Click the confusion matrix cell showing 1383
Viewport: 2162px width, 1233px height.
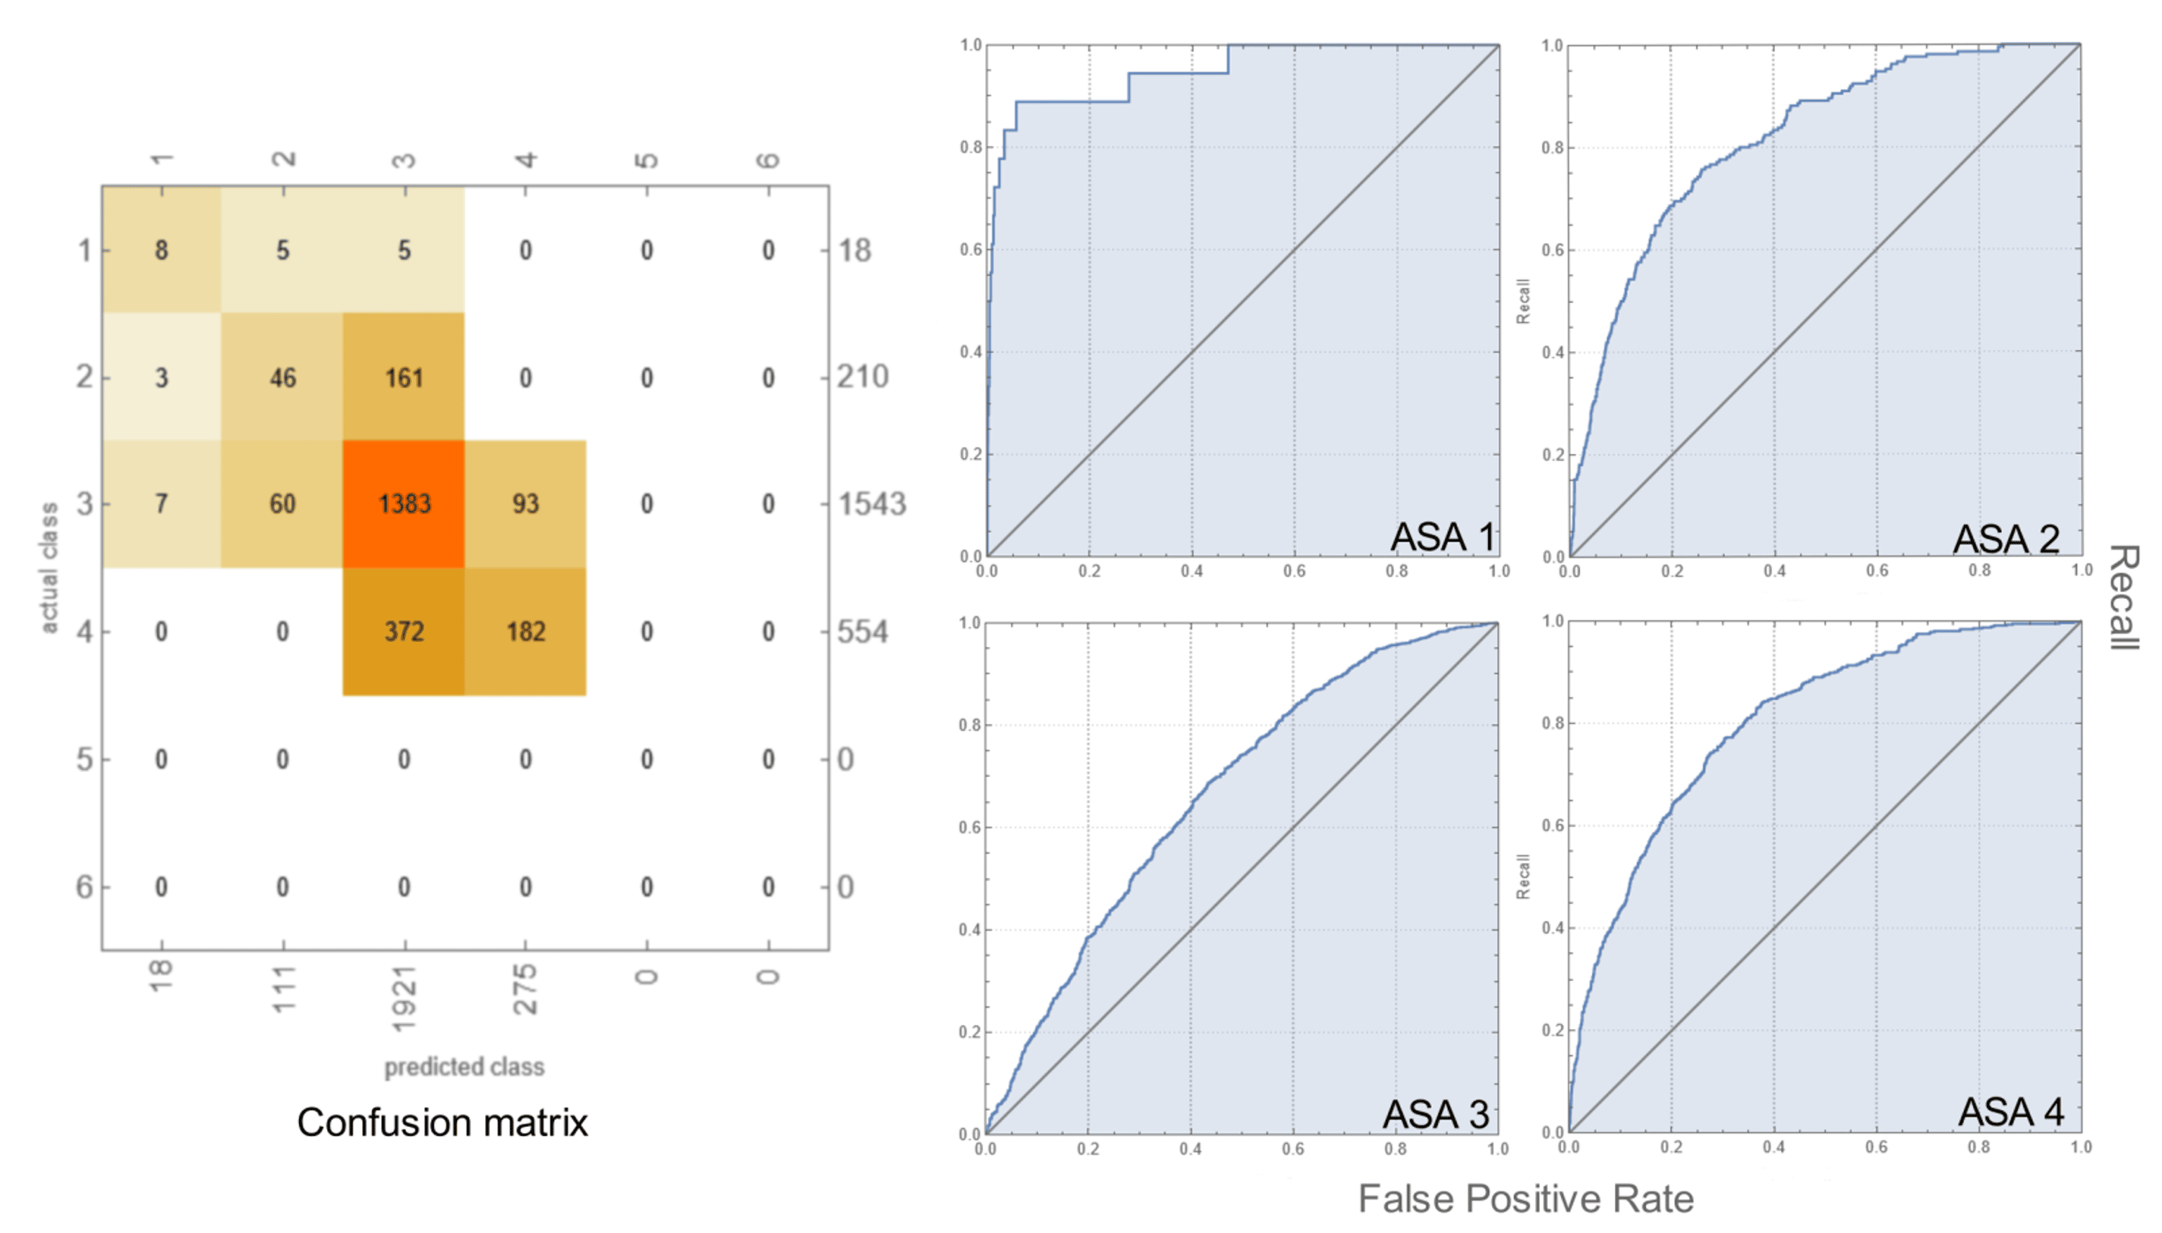coord(404,504)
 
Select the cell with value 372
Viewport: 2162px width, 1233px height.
coord(404,632)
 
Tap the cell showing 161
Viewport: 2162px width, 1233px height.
coord(404,377)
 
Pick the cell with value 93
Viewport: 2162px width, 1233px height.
coord(525,504)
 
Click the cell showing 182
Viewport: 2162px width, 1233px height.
coord(525,632)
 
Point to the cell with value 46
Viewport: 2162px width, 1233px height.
coord(283,377)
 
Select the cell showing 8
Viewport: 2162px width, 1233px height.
coord(161,251)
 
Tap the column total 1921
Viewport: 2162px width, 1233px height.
coord(404,998)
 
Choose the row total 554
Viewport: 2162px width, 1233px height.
coord(863,632)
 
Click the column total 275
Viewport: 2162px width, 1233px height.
coord(525,989)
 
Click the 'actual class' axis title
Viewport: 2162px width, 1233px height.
coord(49,568)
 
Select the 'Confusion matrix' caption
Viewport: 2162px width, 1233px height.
coord(442,1123)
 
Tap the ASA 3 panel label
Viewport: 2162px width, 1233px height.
coord(1436,1113)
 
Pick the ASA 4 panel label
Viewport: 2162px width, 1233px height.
coord(2011,1112)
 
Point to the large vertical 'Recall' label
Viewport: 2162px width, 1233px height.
coord(2124,597)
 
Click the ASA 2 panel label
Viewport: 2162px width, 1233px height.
coord(2006,539)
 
